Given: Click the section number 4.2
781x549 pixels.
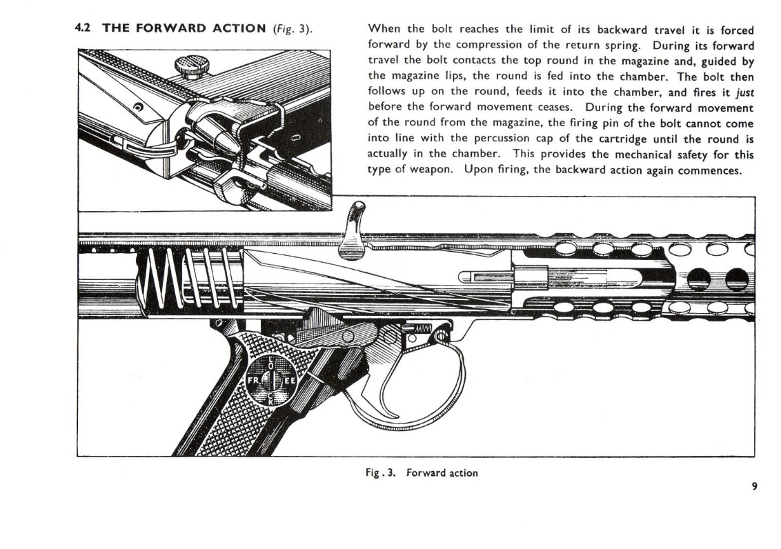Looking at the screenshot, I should [x=83, y=29].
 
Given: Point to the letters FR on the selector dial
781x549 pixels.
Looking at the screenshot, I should [x=253, y=381].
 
